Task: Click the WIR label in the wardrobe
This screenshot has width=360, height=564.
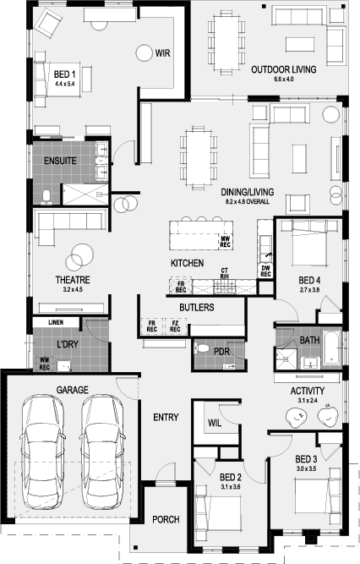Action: [x=162, y=53]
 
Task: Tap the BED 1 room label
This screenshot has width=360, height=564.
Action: [x=64, y=74]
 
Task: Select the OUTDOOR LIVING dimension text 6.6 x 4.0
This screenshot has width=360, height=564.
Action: [x=283, y=79]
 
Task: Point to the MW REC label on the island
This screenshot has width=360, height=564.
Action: [x=225, y=242]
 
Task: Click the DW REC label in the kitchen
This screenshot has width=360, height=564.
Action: [x=265, y=271]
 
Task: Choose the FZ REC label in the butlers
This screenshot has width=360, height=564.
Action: [x=175, y=326]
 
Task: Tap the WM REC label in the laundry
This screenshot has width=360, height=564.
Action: [x=44, y=363]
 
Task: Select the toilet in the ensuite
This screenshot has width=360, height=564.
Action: [x=46, y=197]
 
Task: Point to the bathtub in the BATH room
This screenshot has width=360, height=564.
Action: [x=331, y=348]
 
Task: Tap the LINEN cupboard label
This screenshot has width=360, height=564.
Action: [x=56, y=323]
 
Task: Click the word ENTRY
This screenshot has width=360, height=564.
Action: [x=166, y=417]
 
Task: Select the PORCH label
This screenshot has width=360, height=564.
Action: [x=166, y=519]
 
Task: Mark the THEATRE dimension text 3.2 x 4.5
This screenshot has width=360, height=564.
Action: [x=73, y=289]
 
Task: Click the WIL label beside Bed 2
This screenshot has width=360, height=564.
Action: [x=215, y=423]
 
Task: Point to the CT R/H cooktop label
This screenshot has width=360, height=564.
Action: [x=225, y=273]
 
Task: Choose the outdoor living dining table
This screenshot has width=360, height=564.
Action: [x=226, y=41]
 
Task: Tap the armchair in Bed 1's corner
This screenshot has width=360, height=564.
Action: [x=49, y=23]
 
